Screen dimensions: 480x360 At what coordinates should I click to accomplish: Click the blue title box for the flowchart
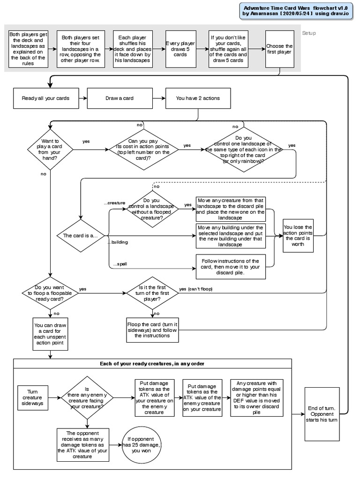297,11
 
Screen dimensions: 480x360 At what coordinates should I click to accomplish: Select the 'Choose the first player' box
279,49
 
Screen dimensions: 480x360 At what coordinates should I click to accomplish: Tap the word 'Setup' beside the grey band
309,33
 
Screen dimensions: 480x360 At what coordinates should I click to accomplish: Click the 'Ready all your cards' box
45,98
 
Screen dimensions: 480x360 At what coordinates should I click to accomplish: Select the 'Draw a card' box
123,98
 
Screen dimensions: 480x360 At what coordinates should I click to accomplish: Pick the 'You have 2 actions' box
197,98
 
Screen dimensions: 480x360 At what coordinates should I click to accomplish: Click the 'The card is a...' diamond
81,235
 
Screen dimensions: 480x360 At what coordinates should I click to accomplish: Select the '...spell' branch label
120,264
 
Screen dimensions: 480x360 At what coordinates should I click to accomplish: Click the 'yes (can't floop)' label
195,289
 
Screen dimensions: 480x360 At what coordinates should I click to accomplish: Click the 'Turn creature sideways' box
32,397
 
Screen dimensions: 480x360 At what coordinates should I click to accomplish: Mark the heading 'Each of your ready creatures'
152,364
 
